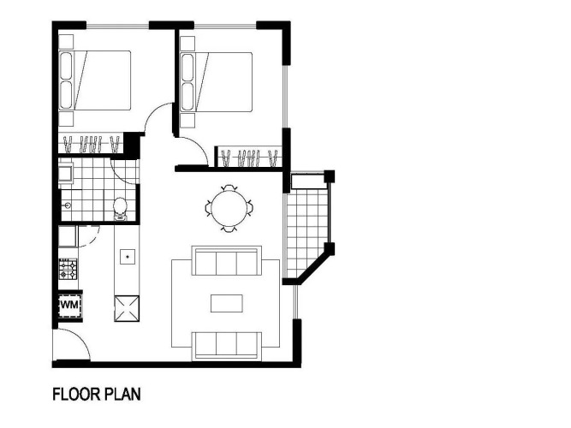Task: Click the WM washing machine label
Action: pyautogui.click(x=69, y=305)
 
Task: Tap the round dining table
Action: pyautogui.click(x=229, y=208)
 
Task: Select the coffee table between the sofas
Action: pyautogui.click(x=227, y=303)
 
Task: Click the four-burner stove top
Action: pyautogui.click(x=68, y=269)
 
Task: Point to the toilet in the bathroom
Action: pyautogui.click(x=120, y=209)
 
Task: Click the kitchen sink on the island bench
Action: pyautogui.click(x=128, y=257)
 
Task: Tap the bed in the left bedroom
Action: pyautogui.click(x=95, y=80)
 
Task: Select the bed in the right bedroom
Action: pyautogui.click(x=217, y=82)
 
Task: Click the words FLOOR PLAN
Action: pyautogui.click(x=97, y=395)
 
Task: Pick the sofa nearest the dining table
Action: pyautogui.click(x=227, y=261)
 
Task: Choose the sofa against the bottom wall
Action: pyautogui.click(x=227, y=346)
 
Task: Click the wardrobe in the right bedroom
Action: pyautogui.click(x=249, y=158)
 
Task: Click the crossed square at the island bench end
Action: pyautogui.click(x=127, y=309)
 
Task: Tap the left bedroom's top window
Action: pyautogui.click(x=117, y=26)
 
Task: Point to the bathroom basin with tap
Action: pyautogui.click(x=67, y=205)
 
